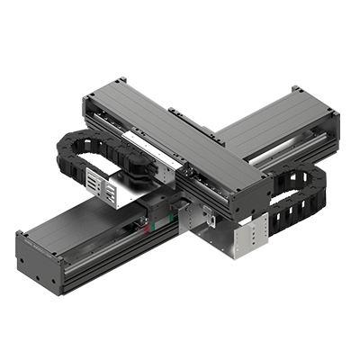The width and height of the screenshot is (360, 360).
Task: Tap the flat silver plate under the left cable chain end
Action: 127,194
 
